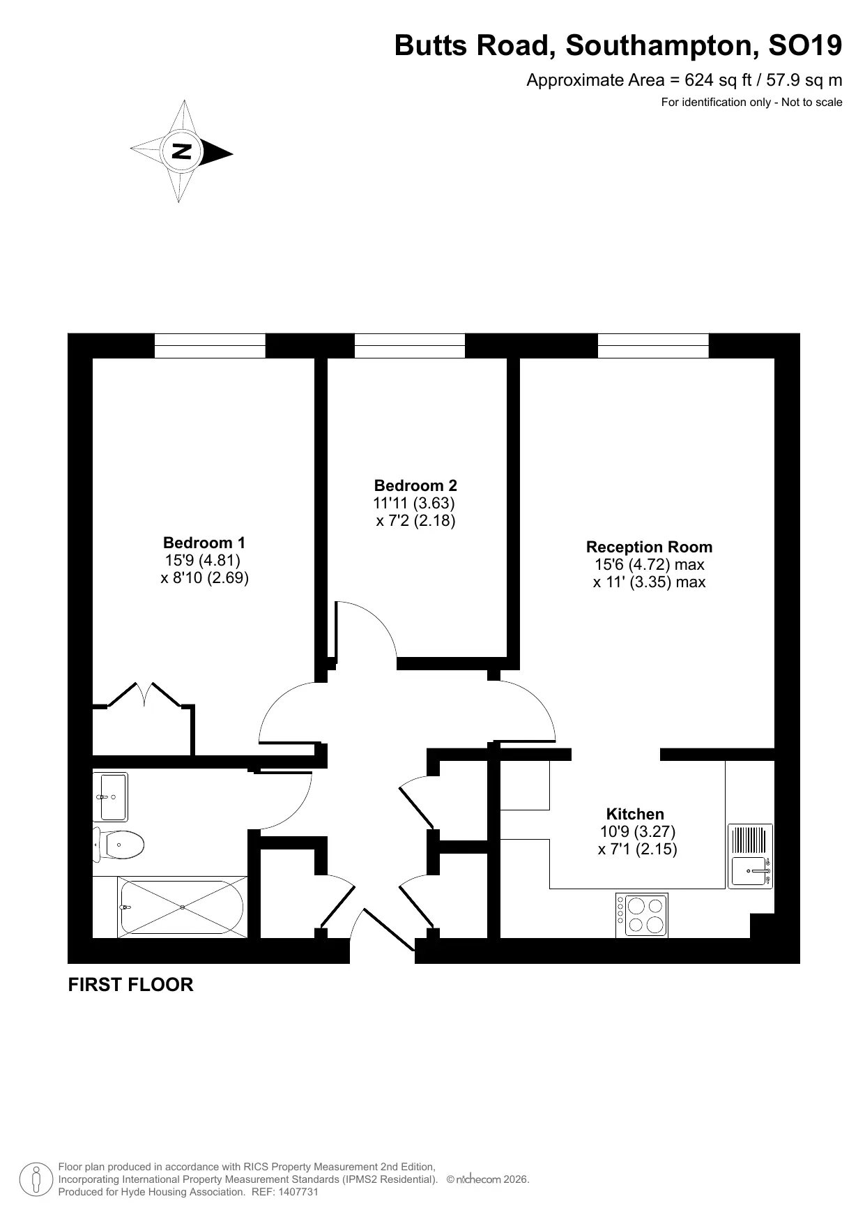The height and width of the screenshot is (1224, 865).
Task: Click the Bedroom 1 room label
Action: point(204,543)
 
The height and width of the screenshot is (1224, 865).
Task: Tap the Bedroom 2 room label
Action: point(415,485)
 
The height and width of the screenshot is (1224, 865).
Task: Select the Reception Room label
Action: point(649,547)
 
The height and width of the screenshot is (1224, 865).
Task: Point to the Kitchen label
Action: point(635,814)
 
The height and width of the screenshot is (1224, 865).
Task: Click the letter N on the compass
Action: point(181,151)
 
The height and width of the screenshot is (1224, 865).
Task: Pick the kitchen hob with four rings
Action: point(641,915)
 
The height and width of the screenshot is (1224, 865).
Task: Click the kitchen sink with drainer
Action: point(751,856)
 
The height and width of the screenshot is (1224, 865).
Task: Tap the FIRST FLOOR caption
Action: point(130,985)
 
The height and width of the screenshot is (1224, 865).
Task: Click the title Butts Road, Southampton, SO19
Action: point(618,45)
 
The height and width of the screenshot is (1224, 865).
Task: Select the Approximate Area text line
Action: point(684,80)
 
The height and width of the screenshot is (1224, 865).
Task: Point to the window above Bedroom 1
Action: point(210,346)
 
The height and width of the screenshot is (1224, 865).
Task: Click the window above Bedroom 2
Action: point(410,346)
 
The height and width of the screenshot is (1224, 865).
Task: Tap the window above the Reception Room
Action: point(653,346)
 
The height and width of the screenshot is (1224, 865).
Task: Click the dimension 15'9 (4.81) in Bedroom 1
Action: point(203,560)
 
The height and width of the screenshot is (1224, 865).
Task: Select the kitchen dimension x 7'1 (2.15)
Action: point(638,849)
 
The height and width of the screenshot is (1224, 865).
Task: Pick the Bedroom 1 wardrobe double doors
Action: point(144,695)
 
